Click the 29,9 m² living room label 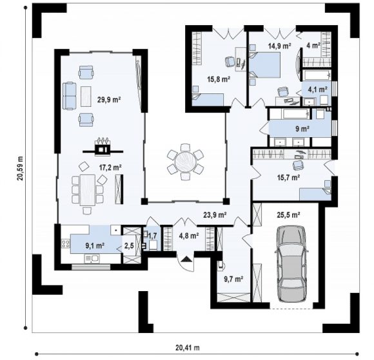[x=109, y=99]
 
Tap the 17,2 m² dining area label [x=111, y=167]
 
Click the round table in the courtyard [x=185, y=162]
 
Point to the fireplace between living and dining [x=103, y=147]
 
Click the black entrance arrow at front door [x=186, y=259]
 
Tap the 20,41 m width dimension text [x=188, y=348]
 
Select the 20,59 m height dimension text [x=20, y=168]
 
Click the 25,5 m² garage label [x=288, y=215]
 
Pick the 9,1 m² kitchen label [x=95, y=245]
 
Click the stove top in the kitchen [x=66, y=243]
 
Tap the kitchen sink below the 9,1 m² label [x=92, y=258]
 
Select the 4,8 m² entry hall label [x=189, y=236]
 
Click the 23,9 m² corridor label [x=215, y=215]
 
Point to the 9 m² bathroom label [x=302, y=129]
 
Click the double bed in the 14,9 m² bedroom [x=265, y=65]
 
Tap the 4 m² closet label [x=313, y=45]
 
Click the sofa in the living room [x=69, y=96]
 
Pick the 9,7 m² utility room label [x=233, y=278]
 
